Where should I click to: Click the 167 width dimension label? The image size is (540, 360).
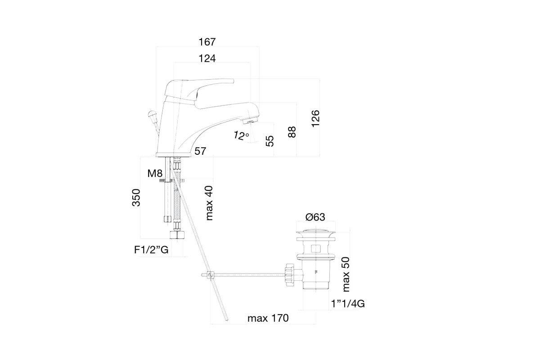(x=207, y=42)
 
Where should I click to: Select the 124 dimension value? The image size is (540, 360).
(x=207, y=58)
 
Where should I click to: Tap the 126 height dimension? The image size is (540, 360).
(x=315, y=118)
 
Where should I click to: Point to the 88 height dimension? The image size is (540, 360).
(x=292, y=132)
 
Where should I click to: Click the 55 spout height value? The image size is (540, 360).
(x=270, y=141)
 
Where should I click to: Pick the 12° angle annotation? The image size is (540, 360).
(x=241, y=136)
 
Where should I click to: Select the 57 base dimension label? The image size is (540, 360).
(x=200, y=152)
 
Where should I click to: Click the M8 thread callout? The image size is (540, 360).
(x=155, y=173)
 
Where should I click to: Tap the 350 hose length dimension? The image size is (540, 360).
(x=136, y=198)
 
